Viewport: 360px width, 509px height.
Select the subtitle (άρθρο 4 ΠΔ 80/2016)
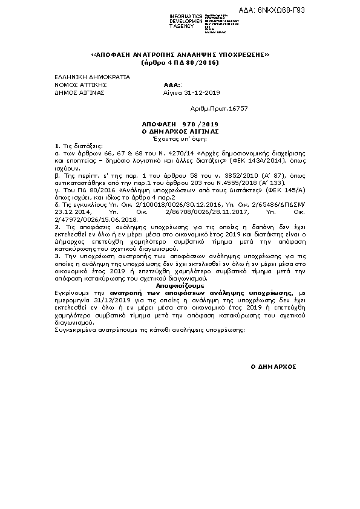[x=179, y=63]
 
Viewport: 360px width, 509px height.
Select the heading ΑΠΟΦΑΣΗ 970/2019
[x=179, y=123]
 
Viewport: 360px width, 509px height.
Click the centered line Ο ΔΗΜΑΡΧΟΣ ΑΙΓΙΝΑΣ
[x=179, y=131]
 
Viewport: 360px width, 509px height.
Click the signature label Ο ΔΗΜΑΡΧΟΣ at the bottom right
[x=273, y=367]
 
